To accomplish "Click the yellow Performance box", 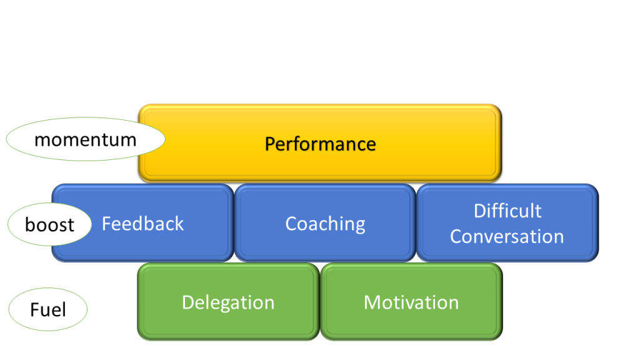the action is pyautogui.click(x=320, y=143).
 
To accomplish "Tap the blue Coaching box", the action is pyautogui.click(x=325, y=222).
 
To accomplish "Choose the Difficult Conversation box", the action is pyautogui.click(x=507, y=222).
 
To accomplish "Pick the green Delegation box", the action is pyautogui.click(x=228, y=302).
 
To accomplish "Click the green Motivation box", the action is pyautogui.click(x=411, y=302).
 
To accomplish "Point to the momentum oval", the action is pyautogui.click(x=85, y=139).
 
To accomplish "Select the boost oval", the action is pyautogui.click(x=49, y=224).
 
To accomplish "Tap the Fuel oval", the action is pyautogui.click(x=47, y=309).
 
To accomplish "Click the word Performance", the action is pyautogui.click(x=321, y=144).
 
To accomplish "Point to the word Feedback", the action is pyautogui.click(x=143, y=224).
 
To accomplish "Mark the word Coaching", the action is pyautogui.click(x=325, y=224).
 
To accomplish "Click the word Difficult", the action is pyautogui.click(x=507, y=211).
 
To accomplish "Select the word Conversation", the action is pyautogui.click(x=507, y=237).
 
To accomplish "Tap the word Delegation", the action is pyautogui.click(x=228, y=303).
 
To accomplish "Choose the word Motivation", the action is pyautogui.click(x=411, y=303).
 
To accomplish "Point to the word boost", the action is pyautogui.click(x=50, y=225).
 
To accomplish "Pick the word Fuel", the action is pyautogui.click(x=48, y=310).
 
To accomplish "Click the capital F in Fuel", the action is pyautogui.click(x=35, y=310).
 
